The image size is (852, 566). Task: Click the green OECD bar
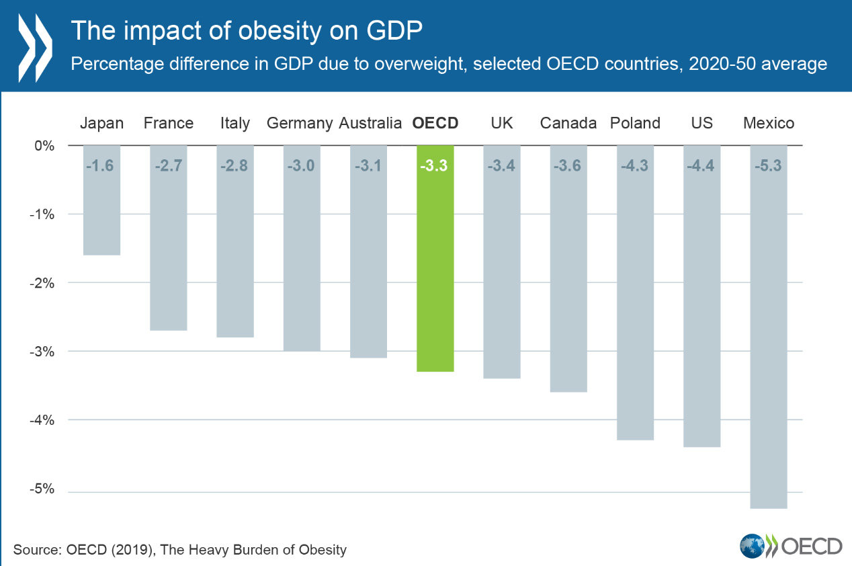click(x=435, y=269)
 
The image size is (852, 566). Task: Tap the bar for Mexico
click(x=769, y=336)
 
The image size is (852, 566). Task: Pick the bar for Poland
click(x=635, y=302)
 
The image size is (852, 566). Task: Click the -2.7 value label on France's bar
click(x=168, y=165)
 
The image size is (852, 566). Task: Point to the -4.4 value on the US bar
click(x=702, y=165)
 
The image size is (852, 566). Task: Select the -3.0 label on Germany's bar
click(x=301, y=165)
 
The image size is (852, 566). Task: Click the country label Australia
click(x=370, y=123)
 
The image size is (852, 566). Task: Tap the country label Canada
click(x=568, y=123)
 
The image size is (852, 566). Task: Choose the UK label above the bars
click(x=502, y=123)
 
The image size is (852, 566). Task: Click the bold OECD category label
click(x=435, y=123)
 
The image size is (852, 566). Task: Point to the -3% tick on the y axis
click(x=45, y=352)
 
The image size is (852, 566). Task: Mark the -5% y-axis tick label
click(x=45, y=489)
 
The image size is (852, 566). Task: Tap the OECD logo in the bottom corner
click(x=790, y=545)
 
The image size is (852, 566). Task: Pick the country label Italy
click(x=235, y=123)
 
